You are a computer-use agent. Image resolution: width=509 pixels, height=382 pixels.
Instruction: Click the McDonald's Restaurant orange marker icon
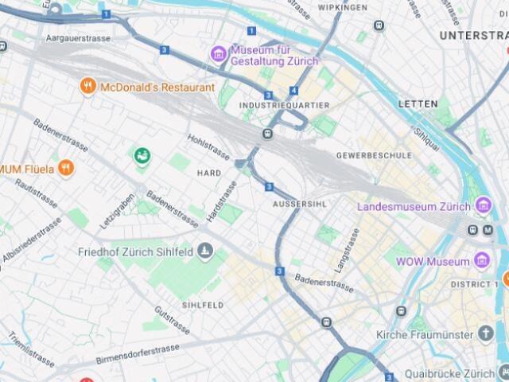click(88, 87)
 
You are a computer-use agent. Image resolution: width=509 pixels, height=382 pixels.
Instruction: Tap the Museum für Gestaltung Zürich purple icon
click(219, 54)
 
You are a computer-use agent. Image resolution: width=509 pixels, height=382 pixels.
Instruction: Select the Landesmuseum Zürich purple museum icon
click(484, 206)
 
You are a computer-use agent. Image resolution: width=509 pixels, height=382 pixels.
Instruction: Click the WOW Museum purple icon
click(481, 261)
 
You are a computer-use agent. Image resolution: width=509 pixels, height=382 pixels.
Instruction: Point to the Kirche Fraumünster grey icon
click(486, 333)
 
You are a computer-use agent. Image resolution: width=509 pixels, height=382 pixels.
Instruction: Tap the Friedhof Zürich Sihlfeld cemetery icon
click(206, 251)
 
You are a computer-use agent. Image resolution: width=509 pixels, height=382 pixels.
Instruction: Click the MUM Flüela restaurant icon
click(65, 168)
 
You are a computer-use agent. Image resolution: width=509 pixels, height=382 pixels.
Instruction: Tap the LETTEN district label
click(418, 104)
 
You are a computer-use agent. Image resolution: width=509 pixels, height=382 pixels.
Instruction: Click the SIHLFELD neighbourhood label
click(203, 305)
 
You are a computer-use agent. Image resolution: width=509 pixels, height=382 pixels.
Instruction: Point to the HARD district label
click(208, 173)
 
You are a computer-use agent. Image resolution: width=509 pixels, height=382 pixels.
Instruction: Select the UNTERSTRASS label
click(473, 36)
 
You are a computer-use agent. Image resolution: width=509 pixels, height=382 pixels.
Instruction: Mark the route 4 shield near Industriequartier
click(293, 91)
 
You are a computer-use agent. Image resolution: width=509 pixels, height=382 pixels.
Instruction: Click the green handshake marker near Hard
click(142, 155)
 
